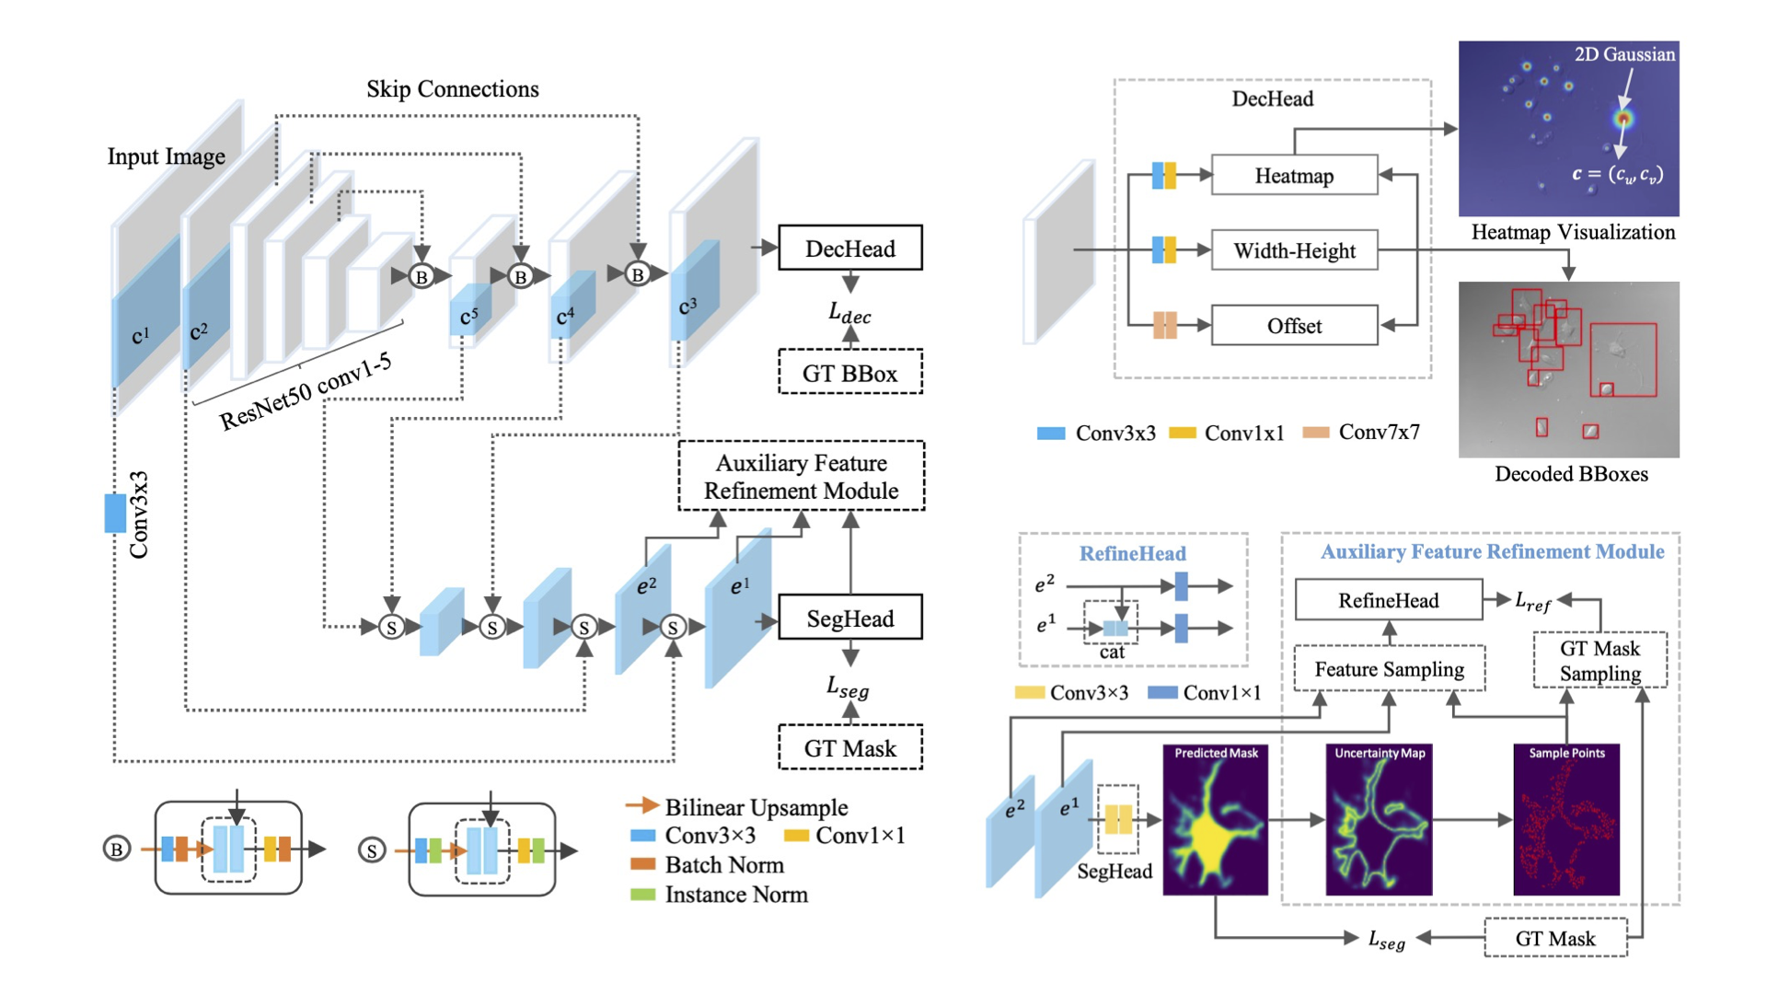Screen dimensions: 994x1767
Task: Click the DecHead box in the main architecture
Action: coord(849,248)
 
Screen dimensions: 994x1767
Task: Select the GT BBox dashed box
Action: coord(849,373)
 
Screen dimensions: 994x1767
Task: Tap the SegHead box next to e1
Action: coord(849,618)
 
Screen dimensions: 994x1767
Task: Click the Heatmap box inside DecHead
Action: coord(1294,176)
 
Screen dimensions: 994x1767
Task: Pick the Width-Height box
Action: coord(1294,250)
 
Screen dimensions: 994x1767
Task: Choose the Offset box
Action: coord(1294,326)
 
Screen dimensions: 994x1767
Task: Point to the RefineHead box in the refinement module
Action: coord(1388,600)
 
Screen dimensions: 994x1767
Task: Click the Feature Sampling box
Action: coord(1389,669)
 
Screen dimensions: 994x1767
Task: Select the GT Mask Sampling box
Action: coord(1600,660)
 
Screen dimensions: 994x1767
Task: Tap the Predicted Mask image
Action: coord(1215,820)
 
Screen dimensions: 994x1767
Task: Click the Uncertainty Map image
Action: coord(1379,820)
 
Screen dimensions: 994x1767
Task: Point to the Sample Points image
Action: coord(1566,820)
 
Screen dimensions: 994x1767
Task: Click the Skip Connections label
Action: coord(452,89)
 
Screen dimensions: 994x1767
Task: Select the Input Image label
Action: coord(166,156)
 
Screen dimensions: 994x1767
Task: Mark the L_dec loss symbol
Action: coord(849,314)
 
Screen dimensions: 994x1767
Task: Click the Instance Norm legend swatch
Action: coord(642,895)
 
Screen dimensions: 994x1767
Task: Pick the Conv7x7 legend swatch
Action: coord(1316,433)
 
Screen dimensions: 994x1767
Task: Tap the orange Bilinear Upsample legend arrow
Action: coord(641,806)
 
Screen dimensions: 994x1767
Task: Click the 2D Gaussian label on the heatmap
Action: coord(1624,54)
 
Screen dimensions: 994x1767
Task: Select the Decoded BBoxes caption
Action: coord(1571,474)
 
